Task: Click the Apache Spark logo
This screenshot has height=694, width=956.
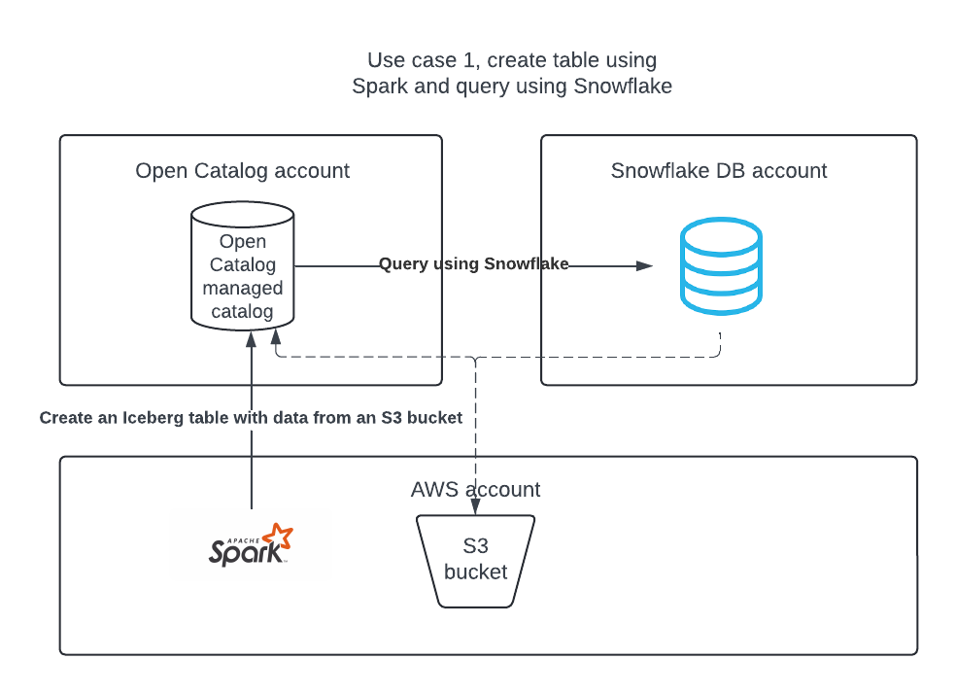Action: [x=250, y=545]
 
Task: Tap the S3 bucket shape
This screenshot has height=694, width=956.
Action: [x=475, y=561]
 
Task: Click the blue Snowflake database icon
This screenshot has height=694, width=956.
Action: [x=720, y=265]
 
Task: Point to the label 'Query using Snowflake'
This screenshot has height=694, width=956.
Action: [x=473, y=263]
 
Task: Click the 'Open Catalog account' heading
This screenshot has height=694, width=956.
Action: [x=242, y=171]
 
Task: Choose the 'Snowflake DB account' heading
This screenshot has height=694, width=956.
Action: [x=718, y=171]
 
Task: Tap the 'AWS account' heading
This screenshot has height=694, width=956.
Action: [x=475, y=489]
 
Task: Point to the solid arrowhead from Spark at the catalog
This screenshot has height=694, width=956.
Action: [x=251, y=337]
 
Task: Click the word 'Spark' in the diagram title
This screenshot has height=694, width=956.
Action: [x=379, y=86]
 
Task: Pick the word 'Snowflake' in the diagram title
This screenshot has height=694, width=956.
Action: [x=623, y=86]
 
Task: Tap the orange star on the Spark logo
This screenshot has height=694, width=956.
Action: [x=280, y=537]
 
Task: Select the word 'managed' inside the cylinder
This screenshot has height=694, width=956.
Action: [x=242, y=289]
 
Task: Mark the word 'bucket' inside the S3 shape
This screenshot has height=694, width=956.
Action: [x=475, y=573]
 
